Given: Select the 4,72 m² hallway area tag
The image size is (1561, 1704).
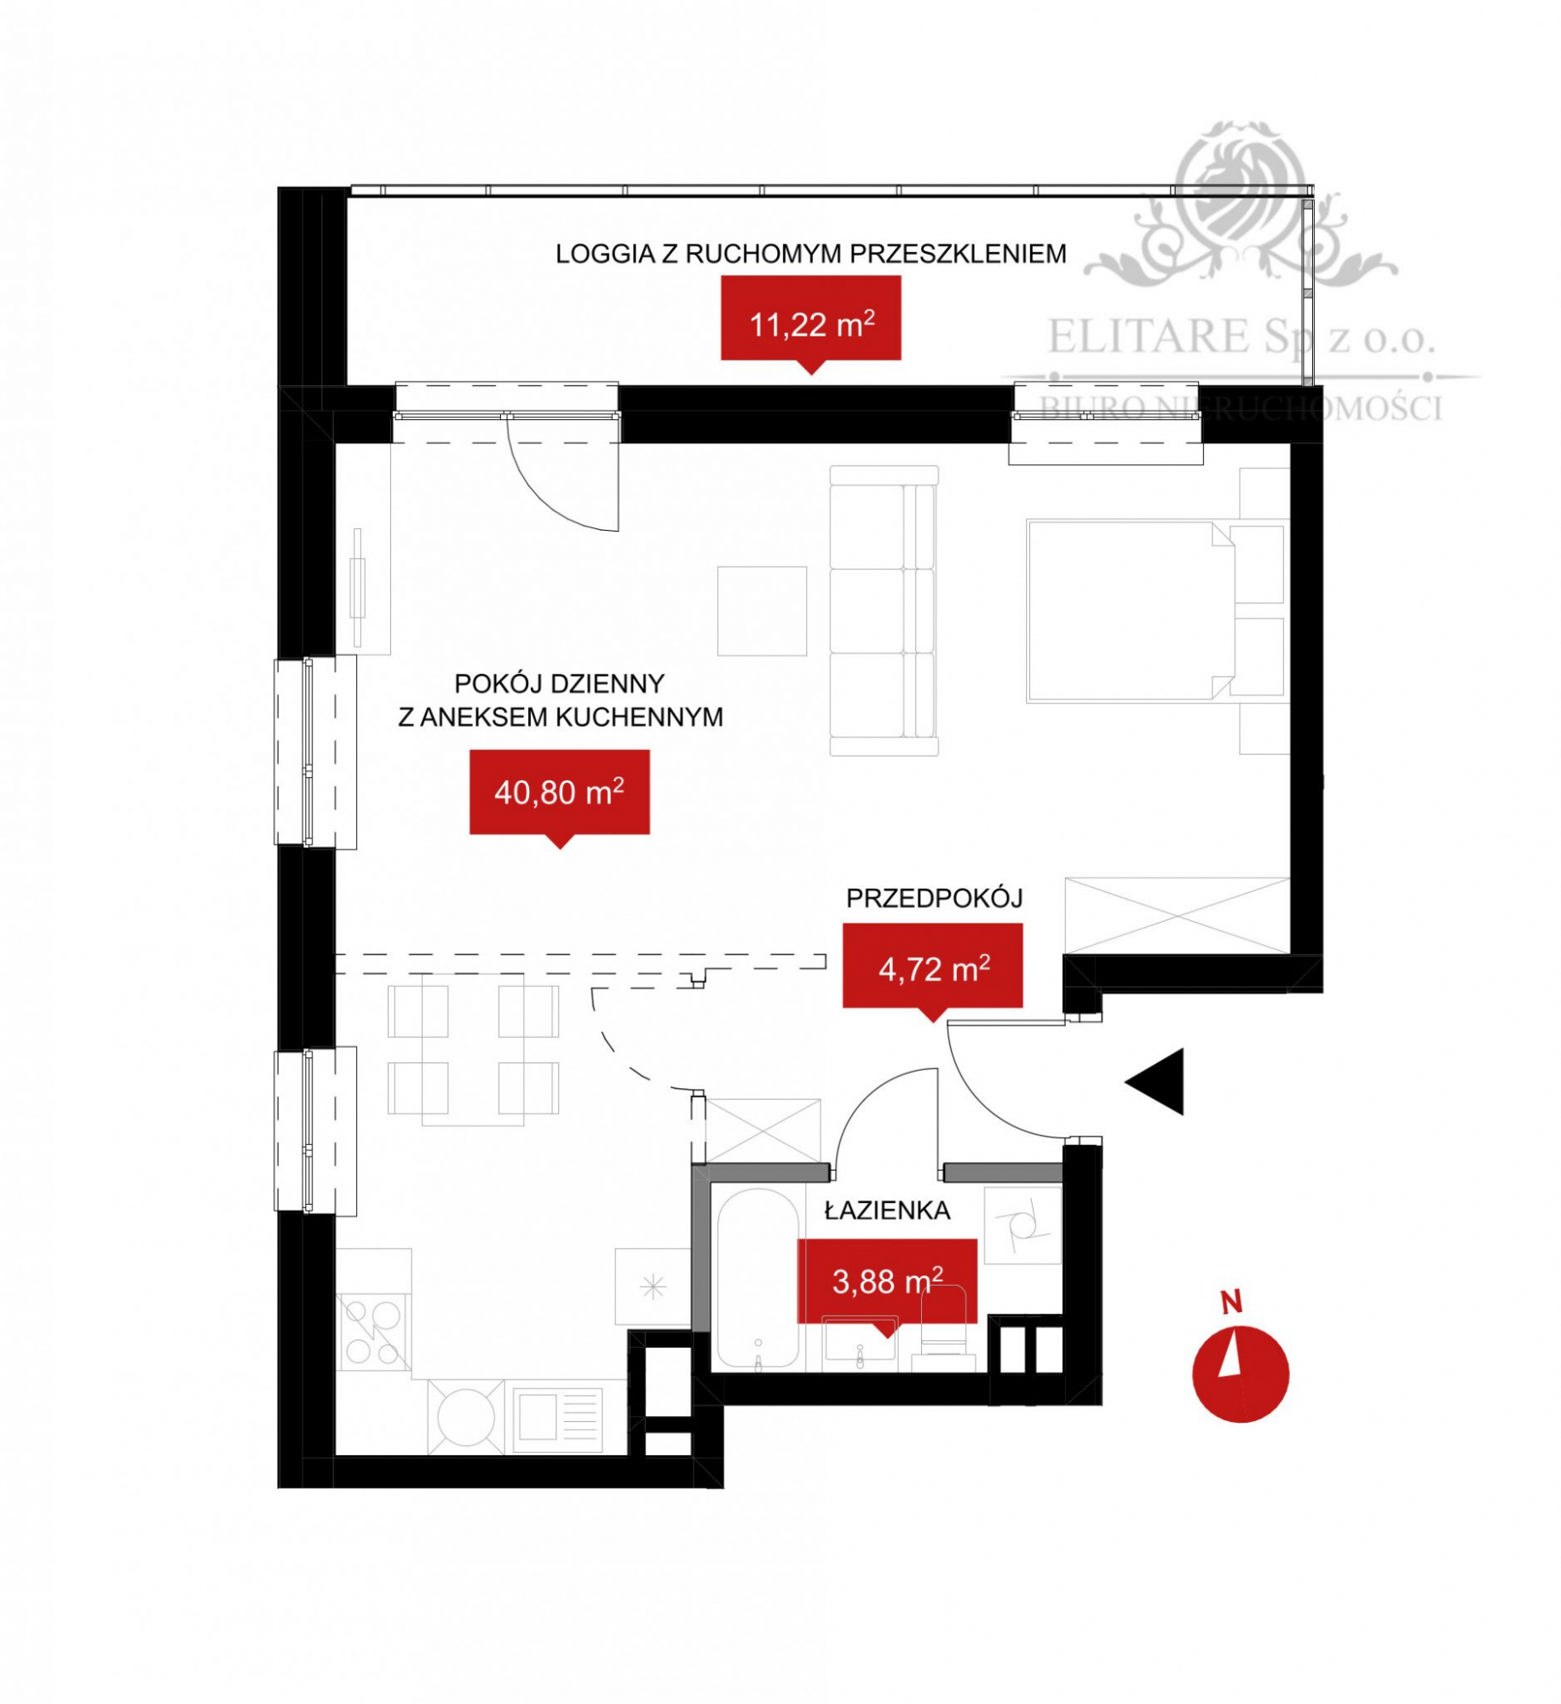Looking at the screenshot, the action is coord(932,970).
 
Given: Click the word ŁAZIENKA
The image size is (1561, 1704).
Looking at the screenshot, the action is coord(887,1210).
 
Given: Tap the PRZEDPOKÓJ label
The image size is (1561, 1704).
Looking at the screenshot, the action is coord(934,898).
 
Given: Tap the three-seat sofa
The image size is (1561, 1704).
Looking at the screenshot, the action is coord(884,610).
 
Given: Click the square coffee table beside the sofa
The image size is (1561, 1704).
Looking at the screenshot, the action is coord(762,611).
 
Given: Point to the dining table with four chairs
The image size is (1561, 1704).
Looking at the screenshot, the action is coord(473,1054).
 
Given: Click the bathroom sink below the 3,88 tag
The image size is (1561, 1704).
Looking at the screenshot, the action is coord(860,1344).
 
